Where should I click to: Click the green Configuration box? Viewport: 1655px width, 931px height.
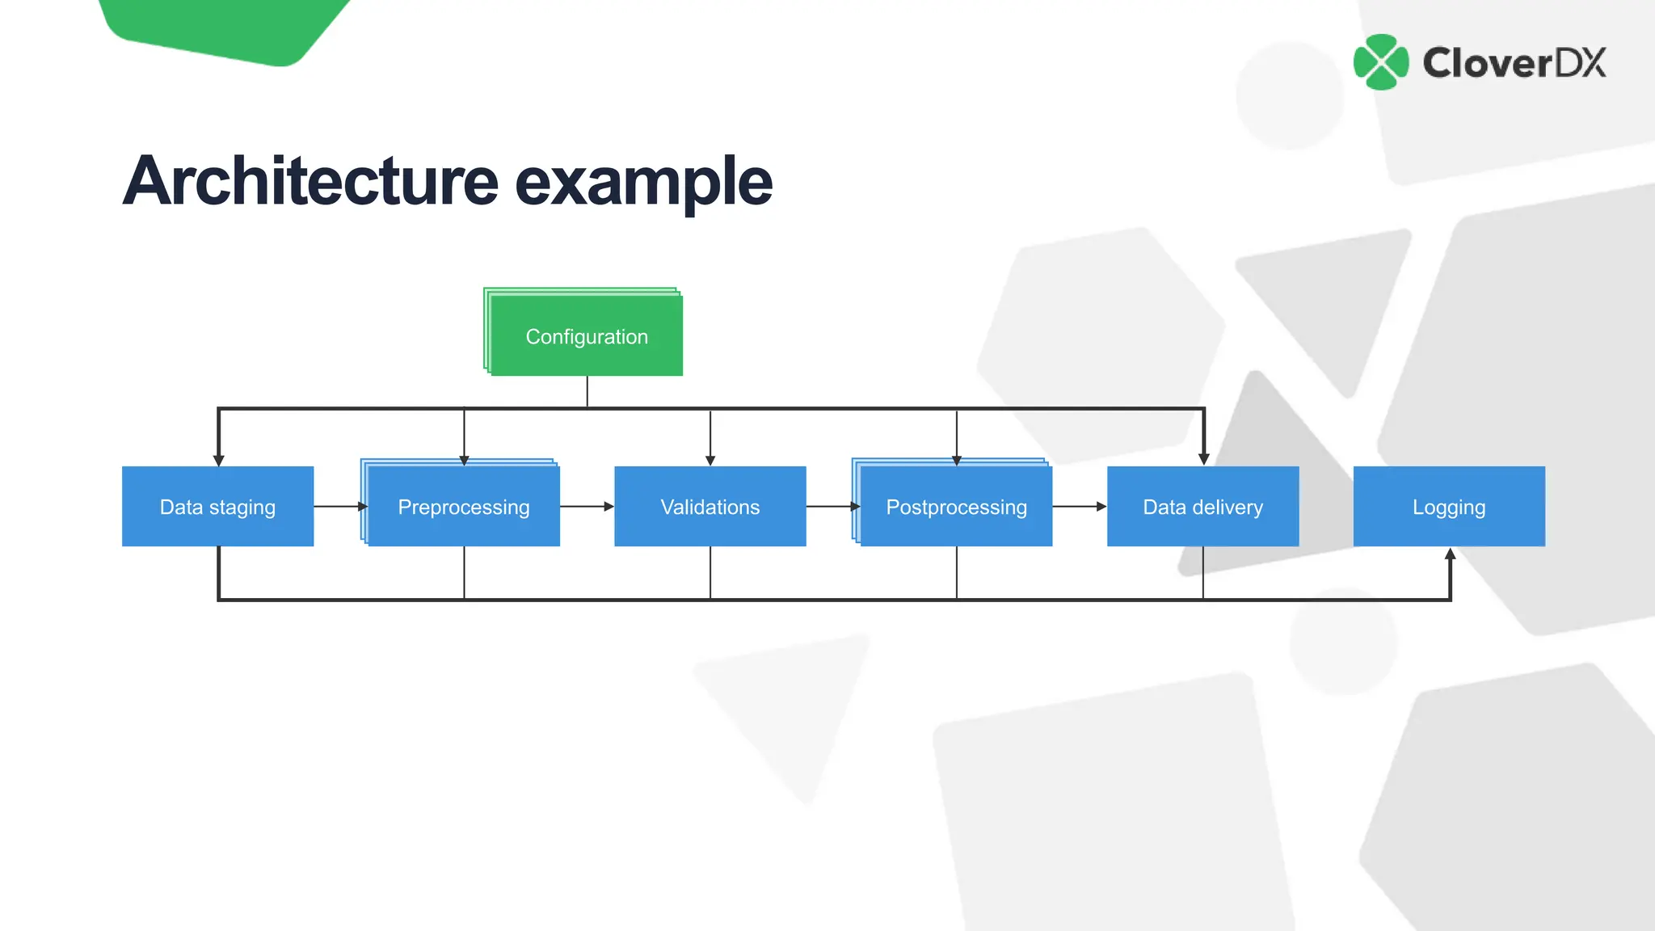click(x=587, y=336)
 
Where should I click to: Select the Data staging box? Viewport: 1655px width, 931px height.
click(x=217, y=507)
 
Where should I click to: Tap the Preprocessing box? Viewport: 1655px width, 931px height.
click(x=464, y=507)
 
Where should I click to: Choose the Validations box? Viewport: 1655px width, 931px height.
click(x=710, y=507)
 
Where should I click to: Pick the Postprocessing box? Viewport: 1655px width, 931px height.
click(x=956, y=507)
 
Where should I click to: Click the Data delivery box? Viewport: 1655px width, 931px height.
click(x=1202, y=507)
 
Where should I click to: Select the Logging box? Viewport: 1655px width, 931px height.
click(x=1449, y=507)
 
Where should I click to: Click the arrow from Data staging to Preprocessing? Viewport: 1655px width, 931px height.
click(x=340, y=507)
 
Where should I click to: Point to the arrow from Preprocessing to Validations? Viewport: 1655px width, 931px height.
click(x=587, y=507)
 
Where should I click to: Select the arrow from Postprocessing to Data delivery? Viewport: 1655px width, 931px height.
click(x=1079, y=507)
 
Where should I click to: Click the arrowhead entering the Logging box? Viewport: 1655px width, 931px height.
click(x=1451, y=554)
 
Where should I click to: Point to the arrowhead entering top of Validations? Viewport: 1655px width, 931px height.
click(x=710, y=460)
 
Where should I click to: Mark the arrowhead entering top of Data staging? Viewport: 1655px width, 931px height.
click(x=218, y=460)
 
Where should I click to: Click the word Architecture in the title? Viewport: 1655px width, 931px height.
click(x=310, y=181)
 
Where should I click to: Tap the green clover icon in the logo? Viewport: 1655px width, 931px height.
click(x=1381, y=62)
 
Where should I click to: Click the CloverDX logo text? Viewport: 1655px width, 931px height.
click(x=1514, y=63)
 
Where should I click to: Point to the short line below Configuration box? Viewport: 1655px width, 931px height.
click(x=587, y=391)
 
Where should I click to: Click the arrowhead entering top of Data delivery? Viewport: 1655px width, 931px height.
click(x=1203, y=459)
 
